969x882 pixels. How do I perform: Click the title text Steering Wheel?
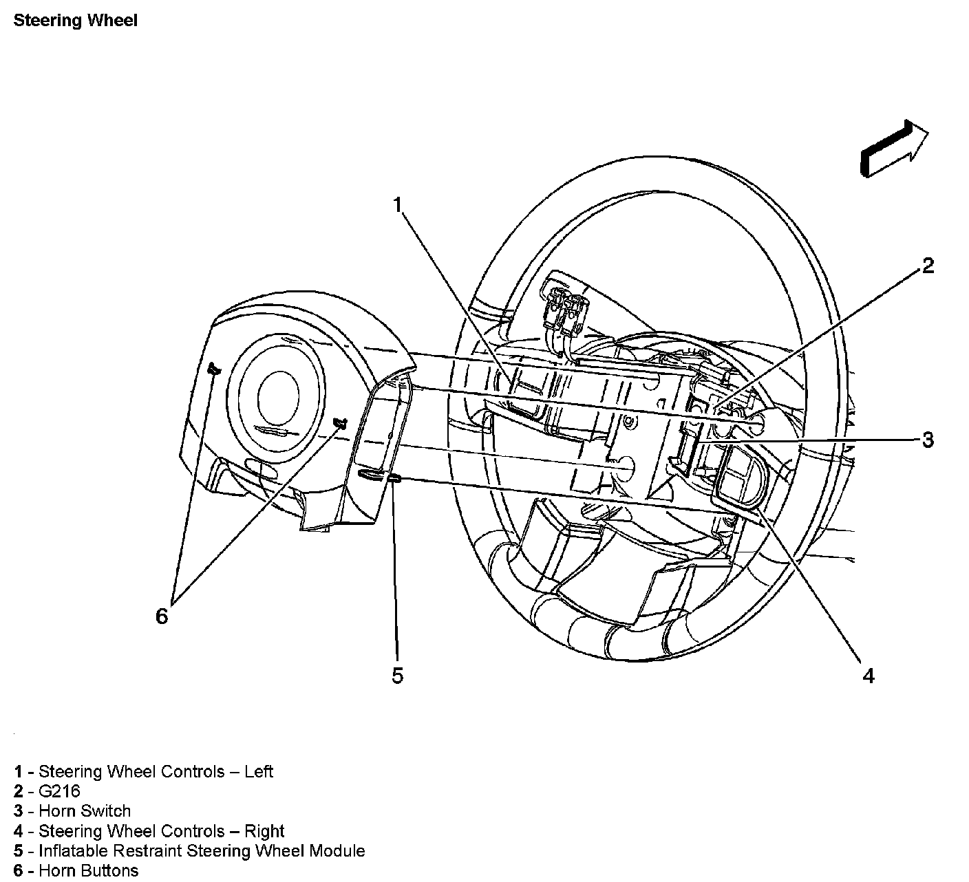click(76, 21)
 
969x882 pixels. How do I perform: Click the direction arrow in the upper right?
click(893, 149)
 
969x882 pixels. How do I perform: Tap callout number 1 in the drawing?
click(397, 204)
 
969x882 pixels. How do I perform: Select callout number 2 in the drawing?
click(928, 266)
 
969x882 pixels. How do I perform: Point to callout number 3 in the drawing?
click(928, 439)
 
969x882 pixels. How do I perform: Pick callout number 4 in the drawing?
click(869, 676)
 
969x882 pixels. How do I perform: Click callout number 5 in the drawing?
click(397, 676)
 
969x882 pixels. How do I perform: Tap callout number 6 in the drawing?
click(161, 616)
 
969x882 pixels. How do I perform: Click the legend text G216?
click(59, 792)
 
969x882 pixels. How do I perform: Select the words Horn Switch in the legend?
click(85, 812)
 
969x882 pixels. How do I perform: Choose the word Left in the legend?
click(259, 772)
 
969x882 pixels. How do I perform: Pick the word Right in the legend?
click(264, 832)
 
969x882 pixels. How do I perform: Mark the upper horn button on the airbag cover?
click(213, 370)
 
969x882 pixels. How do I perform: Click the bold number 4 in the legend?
click(19, 832)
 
